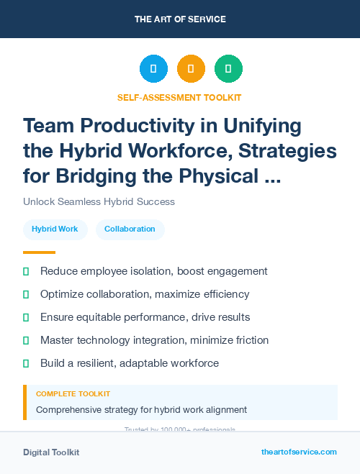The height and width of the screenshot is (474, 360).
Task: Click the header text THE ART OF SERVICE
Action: point(180,19)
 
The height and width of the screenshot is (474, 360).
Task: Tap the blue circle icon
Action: point(153,69)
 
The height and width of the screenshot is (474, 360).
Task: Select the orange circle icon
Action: point(191,69)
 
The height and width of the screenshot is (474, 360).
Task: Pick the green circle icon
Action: point(228,69)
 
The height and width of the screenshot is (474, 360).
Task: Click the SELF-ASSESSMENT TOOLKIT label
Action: point(179,97)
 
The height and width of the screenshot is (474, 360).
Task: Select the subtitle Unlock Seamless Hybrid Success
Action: point(99,201)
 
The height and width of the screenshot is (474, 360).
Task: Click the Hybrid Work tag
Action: point(55,229)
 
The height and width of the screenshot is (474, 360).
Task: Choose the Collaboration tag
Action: point(130,229)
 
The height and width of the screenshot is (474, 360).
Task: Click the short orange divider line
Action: point(39,252)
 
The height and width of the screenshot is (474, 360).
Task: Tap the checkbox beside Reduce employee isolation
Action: point(26,272)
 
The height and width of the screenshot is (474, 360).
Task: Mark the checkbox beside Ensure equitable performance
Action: point(26,317)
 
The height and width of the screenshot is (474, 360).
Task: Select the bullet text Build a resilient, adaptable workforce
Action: point(130,363)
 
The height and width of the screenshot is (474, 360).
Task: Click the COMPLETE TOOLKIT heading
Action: point(73,394)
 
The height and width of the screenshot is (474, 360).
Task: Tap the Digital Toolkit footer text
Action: point(51,452)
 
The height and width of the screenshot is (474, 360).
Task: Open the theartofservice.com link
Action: point(299,452)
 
